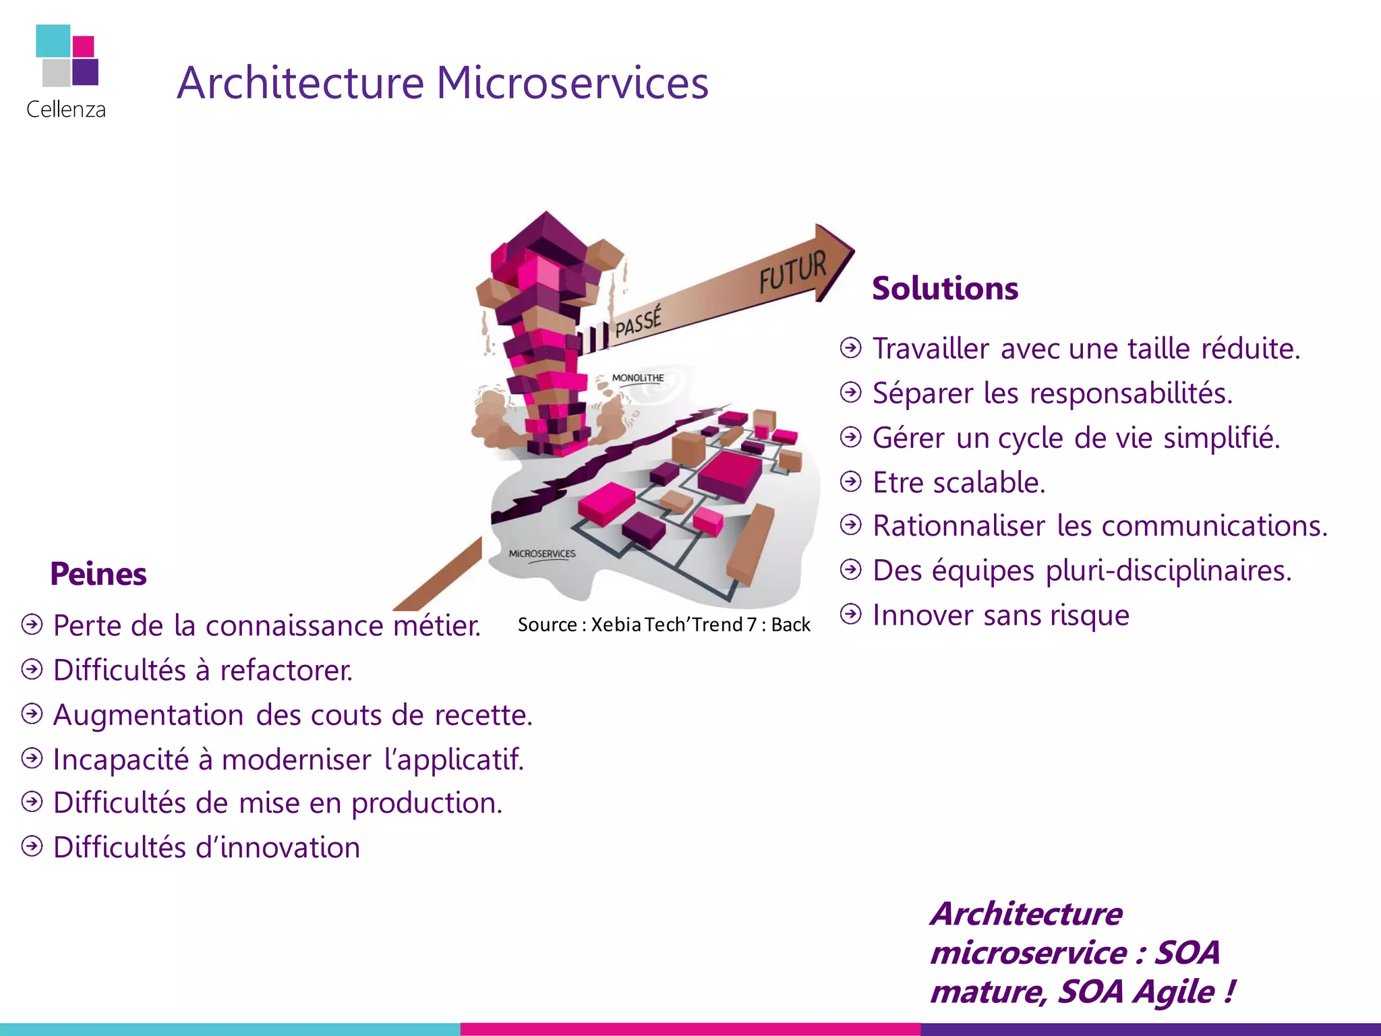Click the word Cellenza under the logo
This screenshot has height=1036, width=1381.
coord(65,109)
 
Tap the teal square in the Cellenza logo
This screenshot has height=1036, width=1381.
coord(53,40)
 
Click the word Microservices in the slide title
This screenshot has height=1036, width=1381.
coord(572,83)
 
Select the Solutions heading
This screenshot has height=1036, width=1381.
coord(945,289)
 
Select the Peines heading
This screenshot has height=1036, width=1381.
coord(98,574)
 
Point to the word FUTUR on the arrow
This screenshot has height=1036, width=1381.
coord(792,271)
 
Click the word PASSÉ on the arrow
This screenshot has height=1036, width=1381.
coord(638,321)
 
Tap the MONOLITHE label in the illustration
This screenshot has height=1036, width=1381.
coord(638,378)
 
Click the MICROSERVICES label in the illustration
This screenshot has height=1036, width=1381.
coord(542,554)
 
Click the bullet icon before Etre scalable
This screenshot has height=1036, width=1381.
coord(851,482)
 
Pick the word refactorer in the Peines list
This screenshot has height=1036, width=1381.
coord(287,670)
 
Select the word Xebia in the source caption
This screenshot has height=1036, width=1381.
coord(616,625)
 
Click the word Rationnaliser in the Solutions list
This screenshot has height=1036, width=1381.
coord(958,526)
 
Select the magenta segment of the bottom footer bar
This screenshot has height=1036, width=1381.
coord(690,1029)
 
